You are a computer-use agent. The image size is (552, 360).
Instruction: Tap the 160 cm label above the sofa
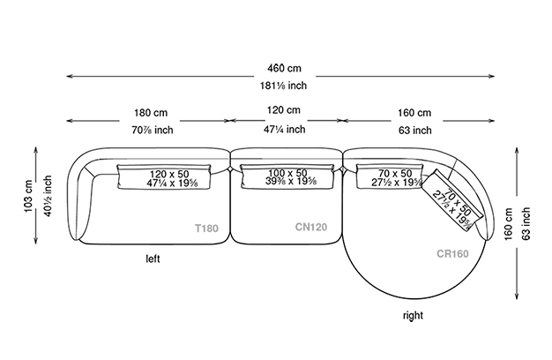coord(413,113)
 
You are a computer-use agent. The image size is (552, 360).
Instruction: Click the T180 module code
coord(206,228)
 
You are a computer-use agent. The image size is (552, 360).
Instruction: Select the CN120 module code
coord(311,227)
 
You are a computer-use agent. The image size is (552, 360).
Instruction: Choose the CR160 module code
coord(451,253)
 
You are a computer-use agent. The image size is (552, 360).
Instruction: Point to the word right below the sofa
coord(412,313)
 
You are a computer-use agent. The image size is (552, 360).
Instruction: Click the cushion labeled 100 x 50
coord(287,176)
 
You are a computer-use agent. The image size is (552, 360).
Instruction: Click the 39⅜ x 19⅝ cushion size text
coord(287,182)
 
